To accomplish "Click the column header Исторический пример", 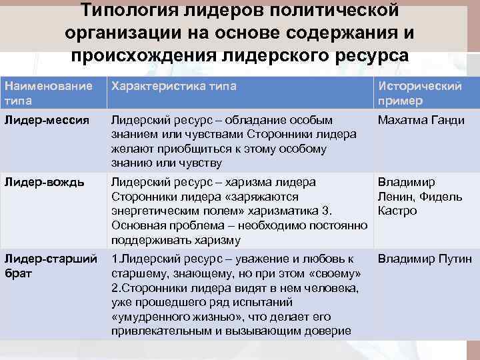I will coord(420,93).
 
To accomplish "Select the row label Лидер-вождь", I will coord(44,183).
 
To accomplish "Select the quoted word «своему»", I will coord(334,274).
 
